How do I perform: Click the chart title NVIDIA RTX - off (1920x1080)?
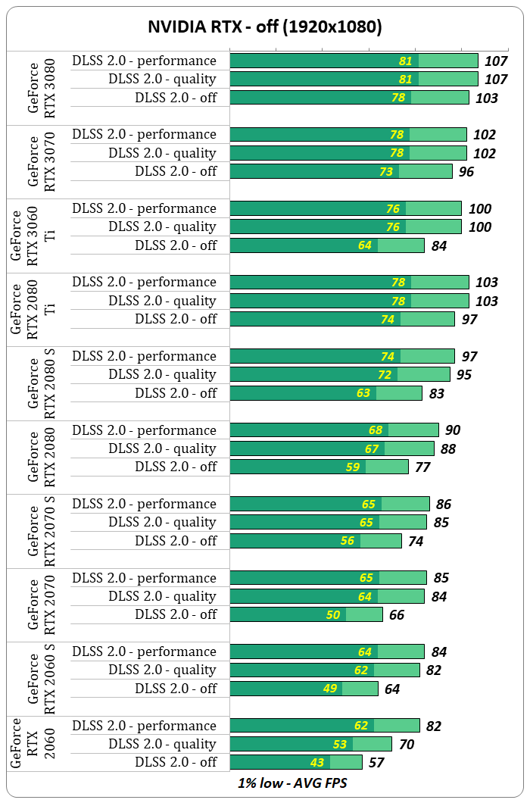pos(264,27)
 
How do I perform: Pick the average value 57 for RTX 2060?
pos(376,762)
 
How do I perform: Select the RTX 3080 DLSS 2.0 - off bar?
pos(349,97)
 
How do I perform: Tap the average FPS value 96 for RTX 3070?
pos(466,171)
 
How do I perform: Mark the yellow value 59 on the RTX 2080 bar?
pos(353,467)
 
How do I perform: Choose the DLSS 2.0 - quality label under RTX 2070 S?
pos(162,522)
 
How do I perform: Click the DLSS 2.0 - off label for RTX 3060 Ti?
pos(176,245)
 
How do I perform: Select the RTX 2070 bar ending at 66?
pos(306,614)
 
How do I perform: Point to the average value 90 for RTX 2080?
pos(453,430)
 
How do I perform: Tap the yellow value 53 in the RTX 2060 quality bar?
pos(340,744)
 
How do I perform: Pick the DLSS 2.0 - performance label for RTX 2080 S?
pos(144,356)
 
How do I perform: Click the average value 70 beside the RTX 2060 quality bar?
pos(406,744)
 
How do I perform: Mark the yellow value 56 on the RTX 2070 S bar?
pos(348,541)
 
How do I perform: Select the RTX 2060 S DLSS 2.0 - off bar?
pos(304,689)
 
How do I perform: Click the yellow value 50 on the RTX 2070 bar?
pos(333,614)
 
